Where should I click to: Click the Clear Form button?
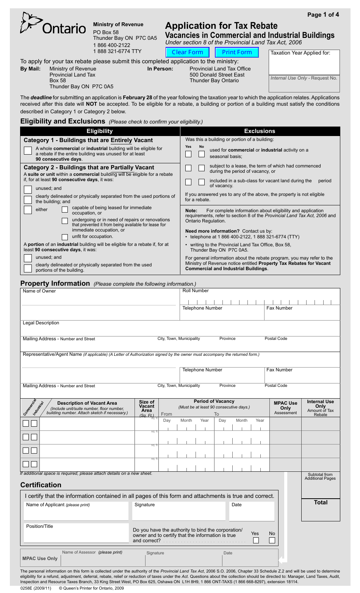[x=187, y=52]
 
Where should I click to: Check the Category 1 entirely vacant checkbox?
[x=28, y=150]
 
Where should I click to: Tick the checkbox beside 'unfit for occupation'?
[x=65, y=237]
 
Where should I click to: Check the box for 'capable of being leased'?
[x=65, y=210]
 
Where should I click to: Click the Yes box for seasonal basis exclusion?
[x=188, y=154]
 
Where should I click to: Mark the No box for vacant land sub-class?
[x=202, y=182]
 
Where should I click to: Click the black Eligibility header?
[x=100, y=131]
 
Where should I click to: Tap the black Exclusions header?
[x=260, y=131]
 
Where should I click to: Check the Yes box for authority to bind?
[x=256, y=540]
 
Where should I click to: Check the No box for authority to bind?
[x=272, y=540]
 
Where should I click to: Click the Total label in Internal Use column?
[x=321, y=502]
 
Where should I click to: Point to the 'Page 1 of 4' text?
[x=323, y=15]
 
